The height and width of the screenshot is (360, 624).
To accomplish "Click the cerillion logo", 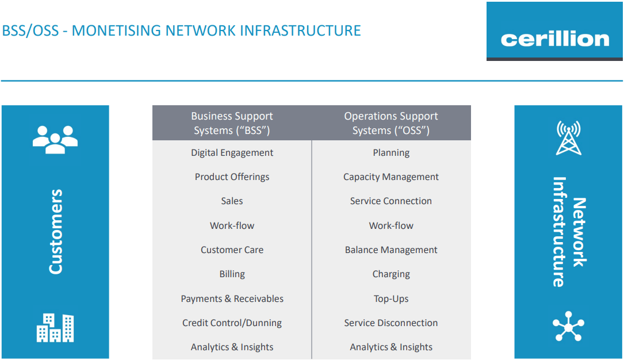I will pyautogui.click(x=554, y=39).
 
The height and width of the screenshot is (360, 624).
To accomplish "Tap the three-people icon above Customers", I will pyautogui.click(x=55, y=139).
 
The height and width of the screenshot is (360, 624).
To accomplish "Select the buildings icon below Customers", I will pyautogui.click(x=55, y=328).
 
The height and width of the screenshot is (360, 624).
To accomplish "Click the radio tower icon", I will pyautogui.click(x=569, y=138).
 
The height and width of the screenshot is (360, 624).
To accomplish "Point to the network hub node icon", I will pyautogui.click(x=569, y=327).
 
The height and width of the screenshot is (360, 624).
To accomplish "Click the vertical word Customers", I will pyautogui.click(x=55, y=232).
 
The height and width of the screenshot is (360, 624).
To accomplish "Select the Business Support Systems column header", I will pyautogui.click(x=232, y=123).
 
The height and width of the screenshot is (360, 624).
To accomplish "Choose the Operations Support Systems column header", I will pyautogui.click(x=391, y=123).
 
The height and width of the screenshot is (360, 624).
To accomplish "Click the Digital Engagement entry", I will pyautogui.click(x=232, y=153).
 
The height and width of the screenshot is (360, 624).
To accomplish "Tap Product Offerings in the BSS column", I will pyautogui.click(x=232, y=177).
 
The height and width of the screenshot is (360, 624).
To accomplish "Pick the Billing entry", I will pyautogui.click(x=232, y=274).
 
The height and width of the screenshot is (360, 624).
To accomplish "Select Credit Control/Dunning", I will pyautogui.click(x=232, y=323).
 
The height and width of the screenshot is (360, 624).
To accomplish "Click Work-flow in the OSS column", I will pyautogui.click(x=391, y=226).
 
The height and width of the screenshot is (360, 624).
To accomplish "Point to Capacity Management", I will pyautogui.click(x=391, y=177).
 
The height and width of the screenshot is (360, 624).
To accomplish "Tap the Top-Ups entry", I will pyautogui.click(x=391, y=299).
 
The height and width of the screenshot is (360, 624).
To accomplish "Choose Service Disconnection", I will pyautogui.click(x=391, y=323).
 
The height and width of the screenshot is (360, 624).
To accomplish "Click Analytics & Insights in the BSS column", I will pyautogui.click(x=232, y=347).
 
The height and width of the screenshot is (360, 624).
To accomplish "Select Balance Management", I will pyautogui.click(x=391, y=250).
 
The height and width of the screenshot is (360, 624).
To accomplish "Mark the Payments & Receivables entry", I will pyautogui.click(x=232, y=299).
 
